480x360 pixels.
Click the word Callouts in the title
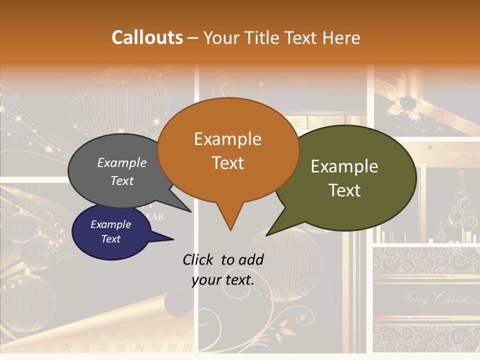(x=147, y=37)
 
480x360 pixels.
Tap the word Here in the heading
(x=340, y=38)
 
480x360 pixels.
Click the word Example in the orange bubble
(x=227, y=139)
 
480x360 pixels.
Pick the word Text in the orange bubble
(x=227, y=163)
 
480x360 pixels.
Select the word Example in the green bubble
(x=344, y=166)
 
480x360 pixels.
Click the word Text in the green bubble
(x=344, y=190)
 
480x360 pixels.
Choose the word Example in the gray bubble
(x=122, y=163)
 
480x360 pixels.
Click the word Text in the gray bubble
(x=122, y=180)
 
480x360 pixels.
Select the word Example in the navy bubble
(x=111, y=224)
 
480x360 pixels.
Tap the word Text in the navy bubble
(x=111, y=239)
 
